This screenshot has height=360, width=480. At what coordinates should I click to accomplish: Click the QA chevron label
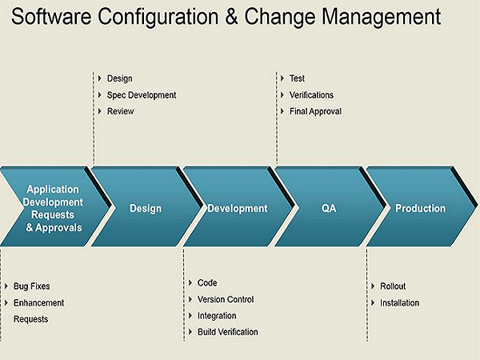pyautogui.click(x=329, y=209)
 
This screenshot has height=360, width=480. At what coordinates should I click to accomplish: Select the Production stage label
pyautogui.click(x=420, y=208)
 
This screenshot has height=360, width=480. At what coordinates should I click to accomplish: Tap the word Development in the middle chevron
pyautogui.click(x=238, y=209)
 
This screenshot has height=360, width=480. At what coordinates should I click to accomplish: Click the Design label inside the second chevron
pyautogui.click(x=146, y=209)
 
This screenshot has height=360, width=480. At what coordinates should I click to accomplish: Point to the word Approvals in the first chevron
pyautogui.click(x=58, y=227)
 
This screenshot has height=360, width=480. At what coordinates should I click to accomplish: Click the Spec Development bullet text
pyautogui.click(x=142, y=95)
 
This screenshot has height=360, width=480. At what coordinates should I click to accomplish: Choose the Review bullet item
pyautogui.click(x=120, y=111)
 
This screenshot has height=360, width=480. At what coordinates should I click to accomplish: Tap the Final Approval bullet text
pyautogui.click(x=316, y=111)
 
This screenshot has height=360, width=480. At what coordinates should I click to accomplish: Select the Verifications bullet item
pyautogui.click(x=311, y=95)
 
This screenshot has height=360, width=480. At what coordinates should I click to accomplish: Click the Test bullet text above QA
pyautogui.click(x=297, y=78)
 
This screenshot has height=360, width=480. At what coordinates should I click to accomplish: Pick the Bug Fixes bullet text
pyautogui.click(x=31, y=286)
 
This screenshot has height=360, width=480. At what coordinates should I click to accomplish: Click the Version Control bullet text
pyautogui.click(x=226, y=299)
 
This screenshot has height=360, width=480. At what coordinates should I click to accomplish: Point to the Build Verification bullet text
pyautogui.click(x=228, y=332)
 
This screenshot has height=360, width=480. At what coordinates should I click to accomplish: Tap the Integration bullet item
pyautogui.click(x=217, y=316)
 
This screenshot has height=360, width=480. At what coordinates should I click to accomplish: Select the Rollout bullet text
pyautogui.click(x=393, y=286)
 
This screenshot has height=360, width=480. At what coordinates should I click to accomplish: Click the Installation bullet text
pyautogui.click(x=399, y=302)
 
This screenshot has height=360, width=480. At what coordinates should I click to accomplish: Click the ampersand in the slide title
pyautogui.click(x=231, y=16)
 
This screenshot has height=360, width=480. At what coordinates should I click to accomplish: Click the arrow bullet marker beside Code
pyautogui.click(x=190, y=282)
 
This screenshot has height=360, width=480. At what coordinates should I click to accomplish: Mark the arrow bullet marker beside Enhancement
pyautogui.click(x=6, y=302)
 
